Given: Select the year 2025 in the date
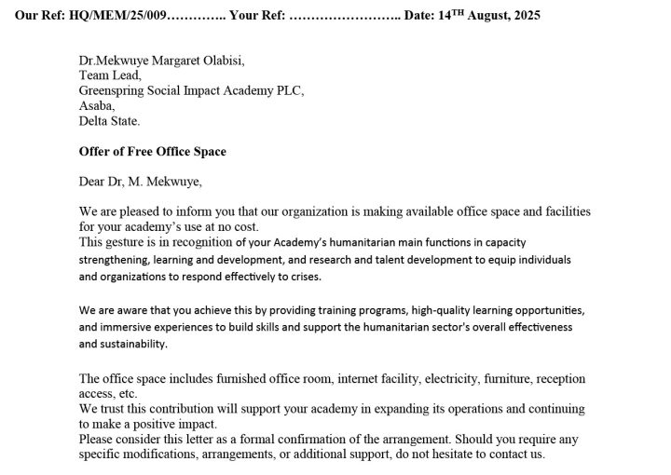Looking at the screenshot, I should pos(522,15).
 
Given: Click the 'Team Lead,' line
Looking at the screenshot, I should pos(110,75).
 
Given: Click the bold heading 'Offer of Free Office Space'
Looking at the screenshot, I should pos(153,151).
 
